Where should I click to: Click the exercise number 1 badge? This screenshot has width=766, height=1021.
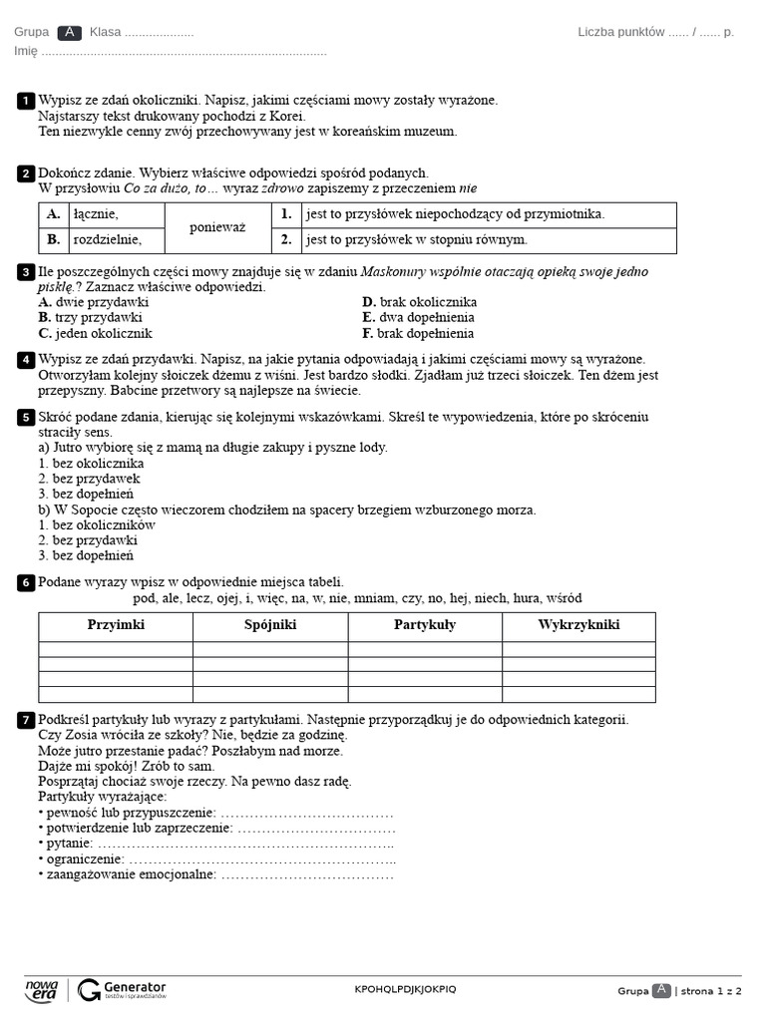[26, 101]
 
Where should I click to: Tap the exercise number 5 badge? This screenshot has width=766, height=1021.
[26, 417]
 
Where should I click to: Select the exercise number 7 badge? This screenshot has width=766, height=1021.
[26, 720]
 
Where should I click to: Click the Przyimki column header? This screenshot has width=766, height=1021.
[116, 625]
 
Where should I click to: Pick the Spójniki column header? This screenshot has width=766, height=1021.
[270, 625]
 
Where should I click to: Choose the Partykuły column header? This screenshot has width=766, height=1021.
[425, 625]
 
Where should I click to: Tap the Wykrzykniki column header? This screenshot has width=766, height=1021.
[578, 625]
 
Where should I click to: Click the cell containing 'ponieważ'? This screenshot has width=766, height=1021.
[217, 227]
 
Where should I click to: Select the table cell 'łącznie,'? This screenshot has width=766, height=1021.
[96, 214]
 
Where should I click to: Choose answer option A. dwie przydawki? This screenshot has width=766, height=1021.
[94, 302]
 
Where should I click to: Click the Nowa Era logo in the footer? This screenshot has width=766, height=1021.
[41, 989]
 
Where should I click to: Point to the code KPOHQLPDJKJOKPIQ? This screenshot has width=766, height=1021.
[405, 989]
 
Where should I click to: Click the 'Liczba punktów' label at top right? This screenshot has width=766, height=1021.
[621, 32]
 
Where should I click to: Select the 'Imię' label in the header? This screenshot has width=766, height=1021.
[26, 51]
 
